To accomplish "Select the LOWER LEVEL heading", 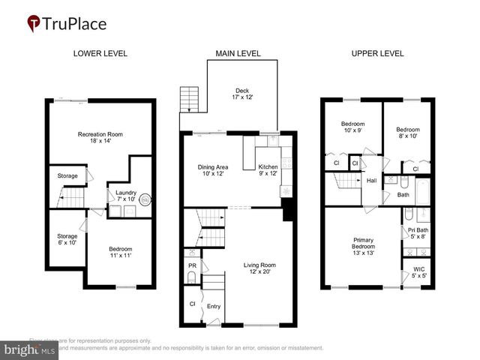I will [x=100, y=53].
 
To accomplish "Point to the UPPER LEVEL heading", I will [x=377, y=53].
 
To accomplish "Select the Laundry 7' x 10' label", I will [x=125, y=196].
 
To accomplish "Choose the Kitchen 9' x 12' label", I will [x=268, y=169].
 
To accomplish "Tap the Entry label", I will [x=214, y=306].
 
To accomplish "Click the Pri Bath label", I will [x=417, y=232].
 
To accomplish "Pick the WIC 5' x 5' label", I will [x=417, y=273].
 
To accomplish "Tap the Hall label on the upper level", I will [x=371, y=180].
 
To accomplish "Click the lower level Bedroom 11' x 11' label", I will [x=120, y=253].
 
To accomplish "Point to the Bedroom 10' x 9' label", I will [x=352, y=127].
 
